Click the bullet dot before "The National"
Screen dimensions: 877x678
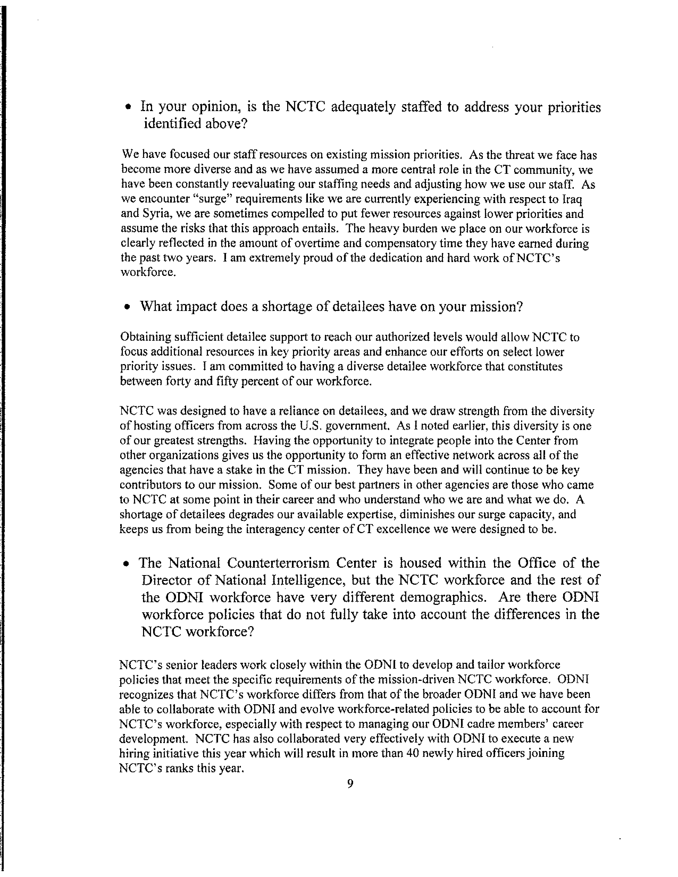(127, 564)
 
